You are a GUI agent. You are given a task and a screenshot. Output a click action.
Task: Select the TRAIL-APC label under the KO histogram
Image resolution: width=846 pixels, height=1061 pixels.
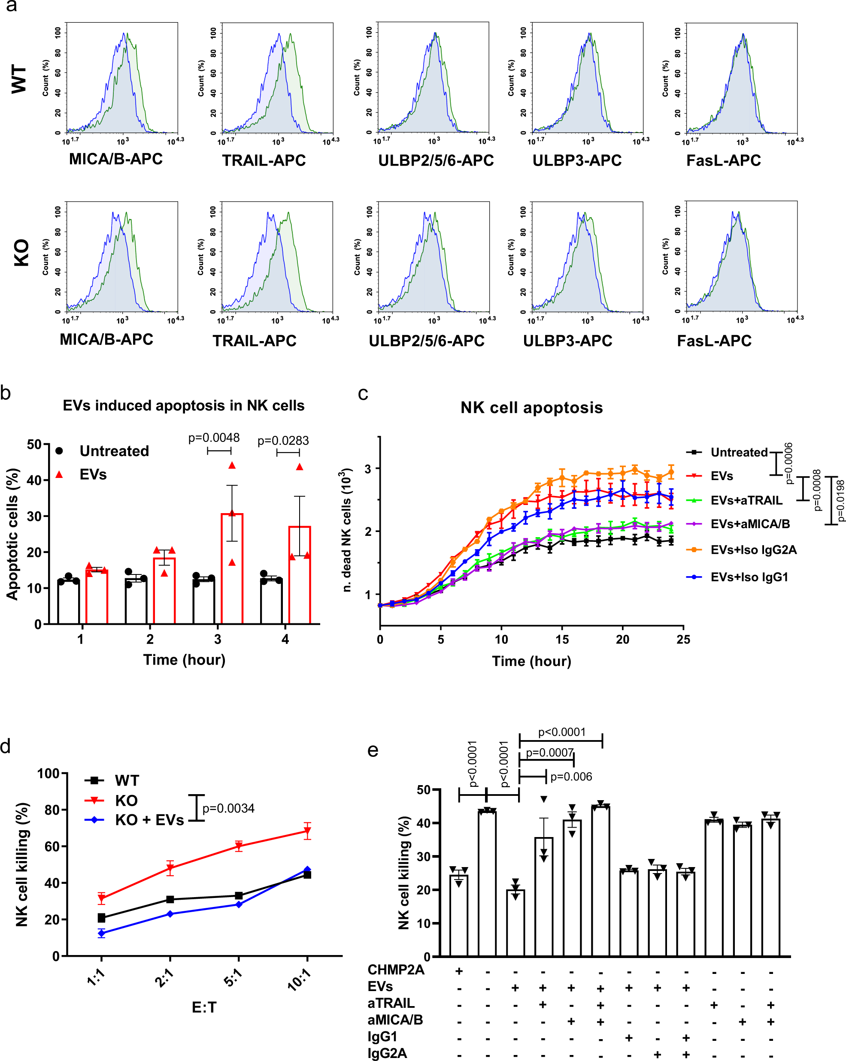[254, 341]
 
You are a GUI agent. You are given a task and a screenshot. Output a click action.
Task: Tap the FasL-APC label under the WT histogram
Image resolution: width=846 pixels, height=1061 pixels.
[723, 160]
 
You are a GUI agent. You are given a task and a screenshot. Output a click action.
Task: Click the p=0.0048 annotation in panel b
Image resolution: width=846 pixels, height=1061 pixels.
[214, 438]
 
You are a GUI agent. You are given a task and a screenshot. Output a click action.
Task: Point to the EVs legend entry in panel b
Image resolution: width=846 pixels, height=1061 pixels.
[93, 475]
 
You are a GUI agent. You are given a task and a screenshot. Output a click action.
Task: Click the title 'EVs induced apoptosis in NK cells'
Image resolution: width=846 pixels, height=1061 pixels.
[183, 405]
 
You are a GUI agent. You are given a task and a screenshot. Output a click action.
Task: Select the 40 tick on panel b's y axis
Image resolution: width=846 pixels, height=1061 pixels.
[34, 481]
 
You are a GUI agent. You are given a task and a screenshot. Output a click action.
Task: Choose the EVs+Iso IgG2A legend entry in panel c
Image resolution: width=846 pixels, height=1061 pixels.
[753, 550]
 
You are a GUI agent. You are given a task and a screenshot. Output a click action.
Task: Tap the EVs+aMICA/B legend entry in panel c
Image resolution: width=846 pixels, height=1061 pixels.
[749, 524]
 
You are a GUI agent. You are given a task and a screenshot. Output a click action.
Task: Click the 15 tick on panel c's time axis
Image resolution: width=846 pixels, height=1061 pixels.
[562, 639]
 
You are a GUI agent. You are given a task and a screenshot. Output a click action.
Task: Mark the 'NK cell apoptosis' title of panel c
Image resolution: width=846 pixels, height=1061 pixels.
[531, 408]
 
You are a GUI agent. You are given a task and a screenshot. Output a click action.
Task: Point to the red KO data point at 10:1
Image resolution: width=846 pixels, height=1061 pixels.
[307, 831]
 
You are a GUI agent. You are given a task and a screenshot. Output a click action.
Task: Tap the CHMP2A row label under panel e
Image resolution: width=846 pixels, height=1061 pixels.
[395, 970]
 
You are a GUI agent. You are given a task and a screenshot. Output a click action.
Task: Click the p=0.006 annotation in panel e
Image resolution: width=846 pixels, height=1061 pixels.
[571, 777]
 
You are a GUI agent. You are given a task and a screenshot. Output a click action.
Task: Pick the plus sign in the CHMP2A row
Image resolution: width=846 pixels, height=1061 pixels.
[459, 971]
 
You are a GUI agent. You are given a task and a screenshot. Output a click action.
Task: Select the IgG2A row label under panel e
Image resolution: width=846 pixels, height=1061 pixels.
[387, 1053]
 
